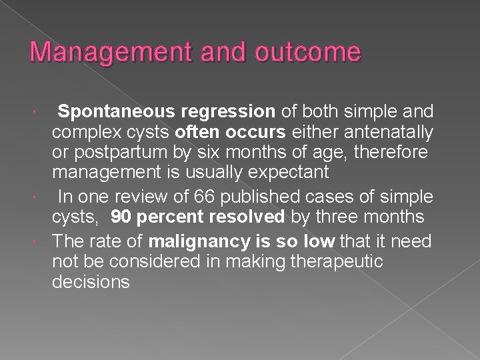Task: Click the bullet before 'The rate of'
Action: [42, 239]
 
